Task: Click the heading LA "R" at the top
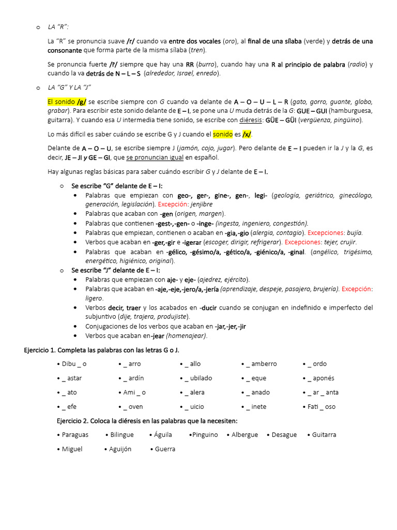pos(58,27)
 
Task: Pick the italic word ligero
pos(94,298)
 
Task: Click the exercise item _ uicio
pos(193,407)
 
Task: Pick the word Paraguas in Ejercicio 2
pos(75,435)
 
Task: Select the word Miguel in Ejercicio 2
pos(72,449)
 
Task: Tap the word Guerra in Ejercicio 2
pos(165,449)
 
